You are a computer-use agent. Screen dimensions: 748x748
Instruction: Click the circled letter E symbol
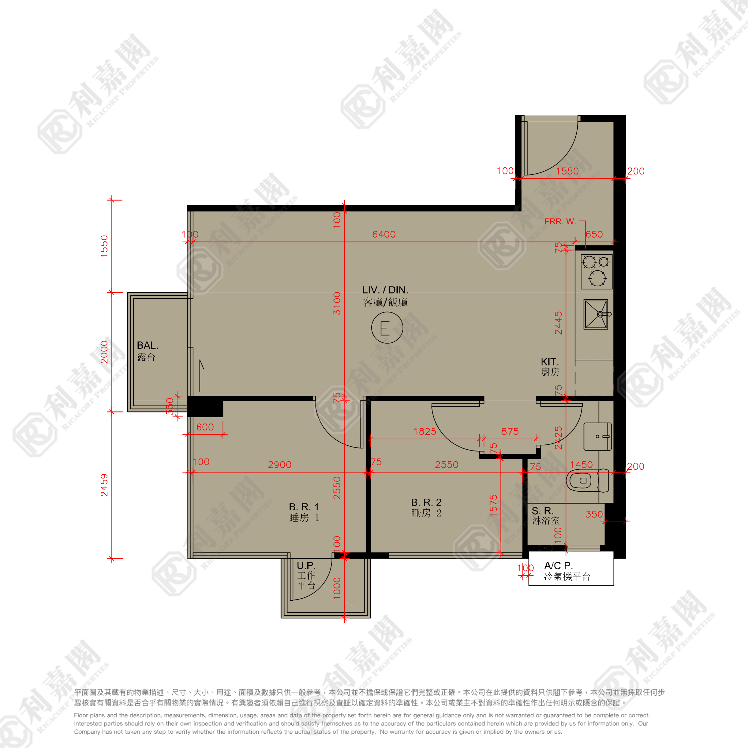tap(387, 328)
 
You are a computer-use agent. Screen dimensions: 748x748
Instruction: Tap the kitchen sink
tap(596, 314)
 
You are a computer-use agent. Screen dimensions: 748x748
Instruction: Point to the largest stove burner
tap(597, 278)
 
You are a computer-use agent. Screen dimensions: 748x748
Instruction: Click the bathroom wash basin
tap(598, 437)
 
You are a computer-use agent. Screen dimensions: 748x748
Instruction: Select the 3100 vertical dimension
tap(337, 303)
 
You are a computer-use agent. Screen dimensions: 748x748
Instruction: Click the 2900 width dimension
tap(279, 464)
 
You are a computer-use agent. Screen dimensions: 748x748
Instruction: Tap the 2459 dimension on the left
tap(104, 485)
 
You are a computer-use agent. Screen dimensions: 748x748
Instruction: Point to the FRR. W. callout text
tap(560, 221)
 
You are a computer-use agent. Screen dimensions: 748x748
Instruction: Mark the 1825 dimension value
tap(425, 431)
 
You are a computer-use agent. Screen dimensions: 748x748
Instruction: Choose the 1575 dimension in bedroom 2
tap(493, 505)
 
